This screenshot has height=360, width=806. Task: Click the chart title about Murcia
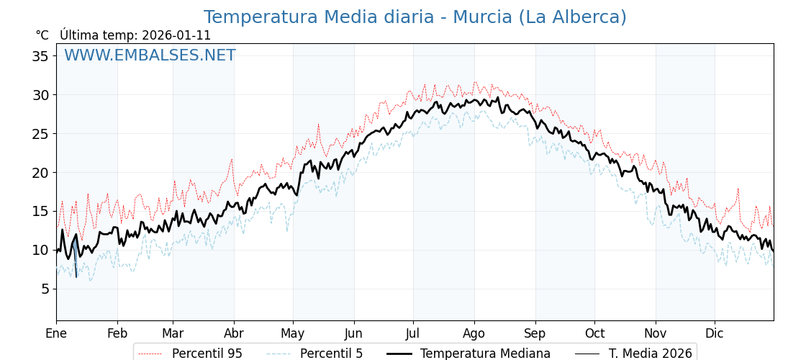coord(415,17)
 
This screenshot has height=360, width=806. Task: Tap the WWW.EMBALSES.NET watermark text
coord(150,55)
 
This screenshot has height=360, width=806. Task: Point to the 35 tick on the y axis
coord(40,56)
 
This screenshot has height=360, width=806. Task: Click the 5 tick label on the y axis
coord(45,289)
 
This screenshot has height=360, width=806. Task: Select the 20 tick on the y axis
coord(40,173)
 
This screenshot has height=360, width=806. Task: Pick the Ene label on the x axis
coord(56,333)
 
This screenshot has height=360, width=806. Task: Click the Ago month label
coord(474,333)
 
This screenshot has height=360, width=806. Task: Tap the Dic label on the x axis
coord(714,333)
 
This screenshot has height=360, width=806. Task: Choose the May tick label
coord(292,333)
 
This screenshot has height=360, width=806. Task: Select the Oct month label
coord(594,333)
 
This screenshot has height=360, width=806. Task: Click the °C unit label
coord(42,35)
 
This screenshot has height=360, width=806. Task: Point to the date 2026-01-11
coord(176,35)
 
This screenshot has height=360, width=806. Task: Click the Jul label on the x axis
coord(413,333)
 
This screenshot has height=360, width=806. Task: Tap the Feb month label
coord(117,333)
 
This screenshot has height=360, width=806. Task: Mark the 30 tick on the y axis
coord(40,95)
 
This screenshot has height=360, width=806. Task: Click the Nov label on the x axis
coord(655,333)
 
